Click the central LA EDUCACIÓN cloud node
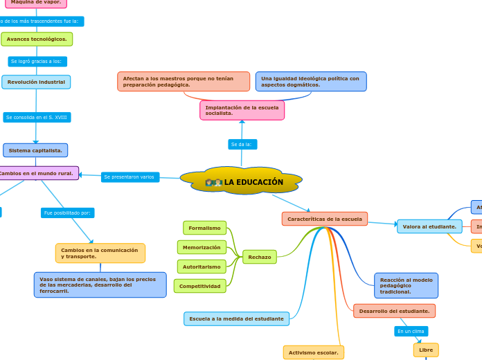tap(242, 181)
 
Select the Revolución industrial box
tap(36, 82)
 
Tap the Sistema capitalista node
tap(35, 150)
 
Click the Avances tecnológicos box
tap(37, 39)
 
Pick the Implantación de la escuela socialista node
tap(242, 110)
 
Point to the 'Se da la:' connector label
tap(242, 144)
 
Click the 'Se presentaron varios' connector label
tap(130, 177)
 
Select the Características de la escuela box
tap(324, 219)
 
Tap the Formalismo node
tap(204, 228)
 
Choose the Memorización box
tap(202, 247)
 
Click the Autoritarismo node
tap(202, 267)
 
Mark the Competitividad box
tap(199, 286)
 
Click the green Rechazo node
tap(259, 257)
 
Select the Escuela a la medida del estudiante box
tap(236, 318)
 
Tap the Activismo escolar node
tap(313, 352)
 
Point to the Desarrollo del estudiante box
tap(394, 311)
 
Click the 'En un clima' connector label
tap(411, 331)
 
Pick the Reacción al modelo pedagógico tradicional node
tap(406, 285)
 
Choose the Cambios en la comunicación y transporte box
tap(100, 253)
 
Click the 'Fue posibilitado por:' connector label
tap(67, 213)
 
